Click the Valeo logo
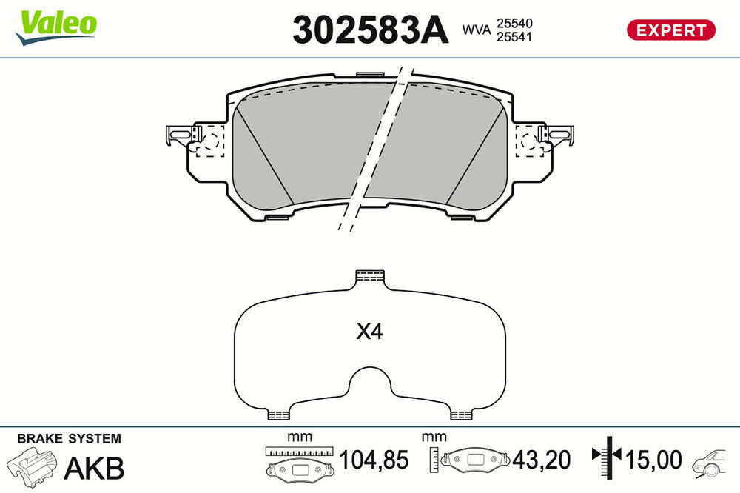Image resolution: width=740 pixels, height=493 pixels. point(55,27)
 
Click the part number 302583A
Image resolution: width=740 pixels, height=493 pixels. point(370,30)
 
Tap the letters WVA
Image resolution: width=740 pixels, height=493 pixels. point(476,30)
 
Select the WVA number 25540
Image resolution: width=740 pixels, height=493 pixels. point(514,23)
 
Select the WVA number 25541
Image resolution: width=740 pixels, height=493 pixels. point(514,37)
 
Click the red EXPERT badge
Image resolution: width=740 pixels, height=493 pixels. point(670,30)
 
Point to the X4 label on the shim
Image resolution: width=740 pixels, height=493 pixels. point(369,332)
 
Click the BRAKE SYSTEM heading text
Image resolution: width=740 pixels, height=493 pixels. point(69,439)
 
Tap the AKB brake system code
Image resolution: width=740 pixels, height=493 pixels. point(94,468)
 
